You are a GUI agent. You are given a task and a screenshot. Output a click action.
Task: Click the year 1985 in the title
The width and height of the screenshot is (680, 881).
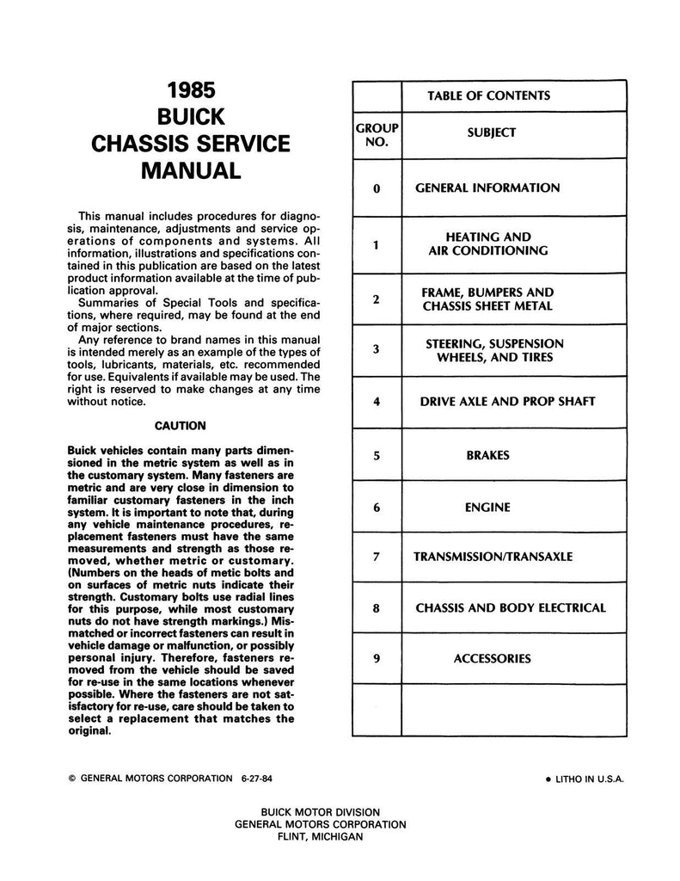click(x=192, y=90)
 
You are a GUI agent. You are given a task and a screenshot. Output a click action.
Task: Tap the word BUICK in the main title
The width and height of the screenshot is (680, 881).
click(x=192, y=116)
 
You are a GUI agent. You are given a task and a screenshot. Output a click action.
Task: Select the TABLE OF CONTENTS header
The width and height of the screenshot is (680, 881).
click(x=488, y=95)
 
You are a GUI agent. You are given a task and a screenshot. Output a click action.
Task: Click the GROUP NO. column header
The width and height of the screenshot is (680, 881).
click(x=377, y=134)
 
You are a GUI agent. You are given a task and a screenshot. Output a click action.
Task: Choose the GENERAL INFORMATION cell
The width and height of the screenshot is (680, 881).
click(x=487, y=188)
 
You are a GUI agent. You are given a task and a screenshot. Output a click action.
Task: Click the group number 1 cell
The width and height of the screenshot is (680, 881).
click(x=377, y=244)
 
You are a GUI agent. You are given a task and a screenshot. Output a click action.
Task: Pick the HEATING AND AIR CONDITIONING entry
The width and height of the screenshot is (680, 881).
click(x=487, y=244)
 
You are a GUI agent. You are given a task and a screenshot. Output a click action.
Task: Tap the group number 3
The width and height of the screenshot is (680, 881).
click(x=377, y=350)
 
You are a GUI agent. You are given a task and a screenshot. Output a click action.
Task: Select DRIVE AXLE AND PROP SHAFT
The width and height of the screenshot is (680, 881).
click(x=507, y=401)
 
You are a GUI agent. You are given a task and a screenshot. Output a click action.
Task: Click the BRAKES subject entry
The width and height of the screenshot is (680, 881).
click(x=488, y=455)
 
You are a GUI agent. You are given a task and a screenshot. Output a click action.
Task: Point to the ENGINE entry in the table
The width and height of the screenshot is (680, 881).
click(x=487, y=508)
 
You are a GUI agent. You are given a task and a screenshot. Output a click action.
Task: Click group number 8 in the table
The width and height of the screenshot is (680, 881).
click(x=377, y=608)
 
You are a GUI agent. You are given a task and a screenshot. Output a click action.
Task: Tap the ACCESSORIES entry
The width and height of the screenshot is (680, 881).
click(x=493, y=659)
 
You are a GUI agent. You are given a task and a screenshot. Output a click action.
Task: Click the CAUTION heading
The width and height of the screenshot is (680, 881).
click(x=181, y=425)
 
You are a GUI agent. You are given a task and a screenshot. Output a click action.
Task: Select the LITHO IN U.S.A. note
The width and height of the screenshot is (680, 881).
click(x=584, y=778)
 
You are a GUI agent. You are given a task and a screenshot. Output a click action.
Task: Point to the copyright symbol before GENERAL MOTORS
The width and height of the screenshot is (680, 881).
click(x=71, y=777)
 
